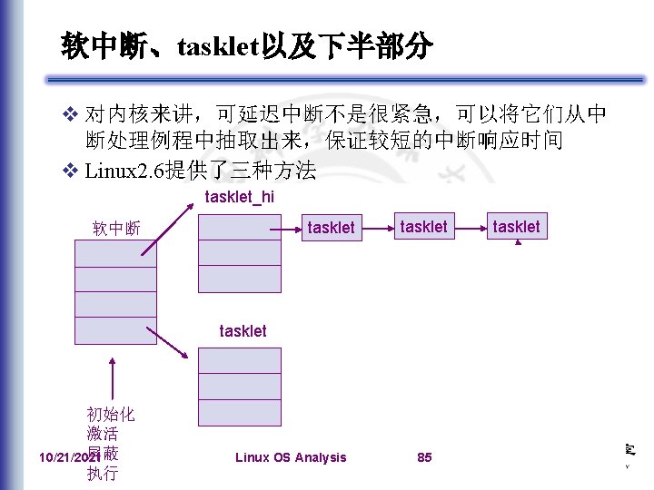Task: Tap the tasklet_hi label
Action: pos(240,197)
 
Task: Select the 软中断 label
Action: pos(116,228)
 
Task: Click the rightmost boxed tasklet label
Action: pos(516,226)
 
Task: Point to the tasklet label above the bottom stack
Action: pos(243,331)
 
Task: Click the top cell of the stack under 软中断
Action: pos(116,252)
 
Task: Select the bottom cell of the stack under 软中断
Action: pos(116,331)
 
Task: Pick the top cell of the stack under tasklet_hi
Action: pos(240,226)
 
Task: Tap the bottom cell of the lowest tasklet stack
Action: pos(240,413)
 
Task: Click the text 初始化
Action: pos(110,415)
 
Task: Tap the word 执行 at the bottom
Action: pos(103,473)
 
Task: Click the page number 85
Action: pos(424,457)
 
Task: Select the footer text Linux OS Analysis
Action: pos(291,457)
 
